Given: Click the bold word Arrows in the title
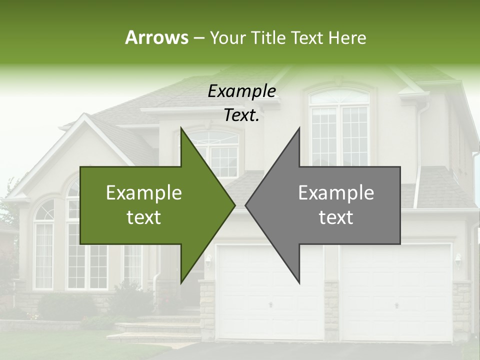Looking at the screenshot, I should (156, 37).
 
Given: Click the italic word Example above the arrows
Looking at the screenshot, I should (241, 91).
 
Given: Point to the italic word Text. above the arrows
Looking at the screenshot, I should (241, 115).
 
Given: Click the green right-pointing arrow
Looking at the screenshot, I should (150, 205).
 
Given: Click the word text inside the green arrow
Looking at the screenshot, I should (144, 217).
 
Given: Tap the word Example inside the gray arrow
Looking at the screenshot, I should (336, 192).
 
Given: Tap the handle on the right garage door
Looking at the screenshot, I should (396, 304).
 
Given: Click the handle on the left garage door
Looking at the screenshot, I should (270, 304).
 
